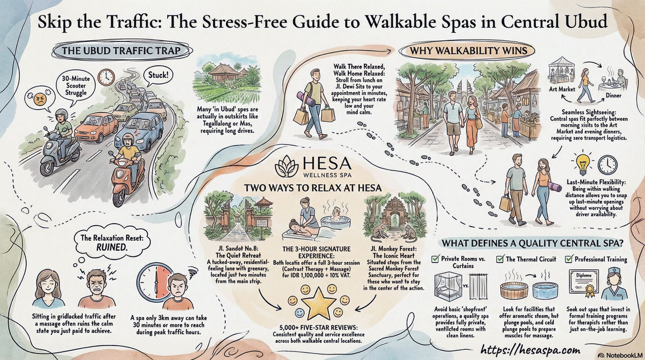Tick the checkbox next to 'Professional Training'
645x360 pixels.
pos(570,259)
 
